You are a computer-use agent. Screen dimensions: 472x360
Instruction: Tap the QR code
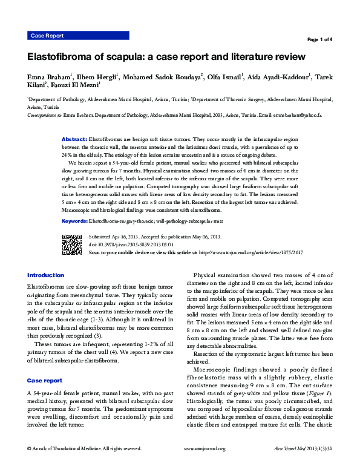pos(71,243)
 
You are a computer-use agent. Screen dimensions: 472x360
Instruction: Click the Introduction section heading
pos(45,275)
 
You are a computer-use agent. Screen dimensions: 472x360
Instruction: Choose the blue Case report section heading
pos(44,381)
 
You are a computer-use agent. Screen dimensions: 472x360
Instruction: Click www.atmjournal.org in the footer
pos(204,465)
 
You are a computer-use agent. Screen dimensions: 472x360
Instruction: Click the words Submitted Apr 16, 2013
pos(115,236)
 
